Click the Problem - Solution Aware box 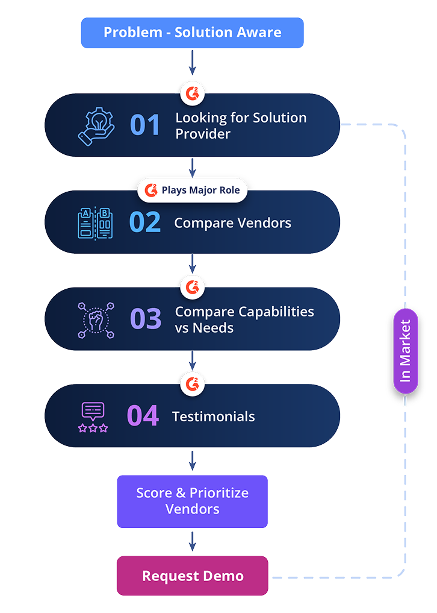pos(193,33)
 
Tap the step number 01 pos(145,125)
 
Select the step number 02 pos(145,222)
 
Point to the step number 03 pos(146,319)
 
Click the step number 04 pos(143,416)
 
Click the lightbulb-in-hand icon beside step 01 pos(96,125)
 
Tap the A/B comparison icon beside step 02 pos(95,222)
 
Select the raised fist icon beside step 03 pos(96,319)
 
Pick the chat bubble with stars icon pos(93,417)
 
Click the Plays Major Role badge pos(193,190)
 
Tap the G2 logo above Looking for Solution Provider pos(193,93)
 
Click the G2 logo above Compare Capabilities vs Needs pos(193,288)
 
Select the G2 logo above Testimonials pos(193,384)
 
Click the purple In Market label pos(405,351)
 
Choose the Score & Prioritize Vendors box pos(193,501)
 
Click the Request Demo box pos(193,576)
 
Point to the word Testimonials pos(213,417)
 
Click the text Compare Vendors pos(232,223)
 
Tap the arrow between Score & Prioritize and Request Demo pos(193,541)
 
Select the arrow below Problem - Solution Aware pos(193,63)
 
